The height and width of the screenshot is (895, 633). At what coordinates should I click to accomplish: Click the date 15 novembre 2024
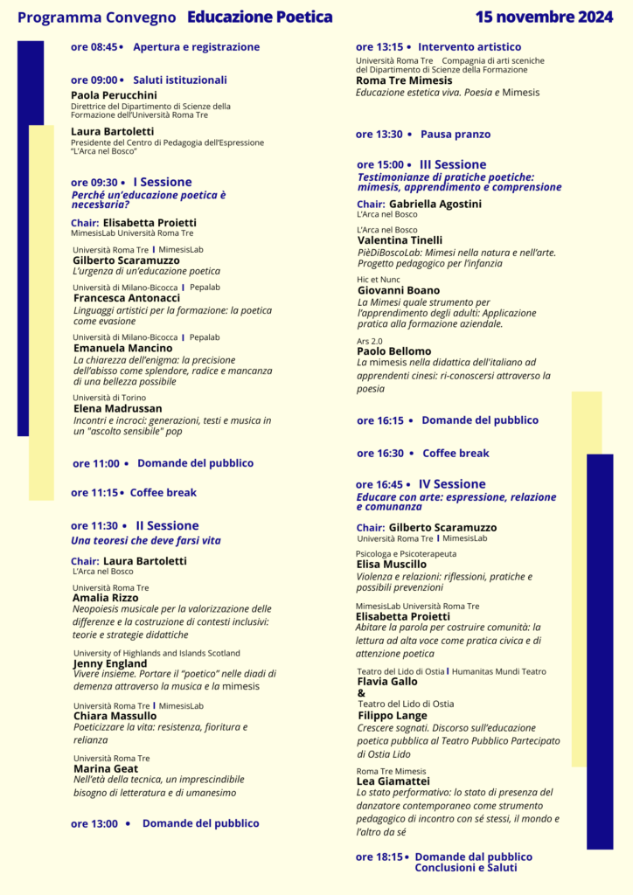pos(545,17)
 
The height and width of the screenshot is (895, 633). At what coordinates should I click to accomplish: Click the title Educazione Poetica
pos(260,17)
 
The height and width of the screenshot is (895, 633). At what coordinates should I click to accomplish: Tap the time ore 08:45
pos(94,47)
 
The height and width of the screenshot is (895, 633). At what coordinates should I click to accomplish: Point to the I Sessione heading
pos(162,182)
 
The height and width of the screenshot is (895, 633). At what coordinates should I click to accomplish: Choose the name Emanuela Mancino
pos(122,348)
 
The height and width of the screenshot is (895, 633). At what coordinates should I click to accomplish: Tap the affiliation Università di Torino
pos(110,398)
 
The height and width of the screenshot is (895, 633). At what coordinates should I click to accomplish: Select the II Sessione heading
pos(167,525)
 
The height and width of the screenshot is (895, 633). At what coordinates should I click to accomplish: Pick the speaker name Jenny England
pos(110,663)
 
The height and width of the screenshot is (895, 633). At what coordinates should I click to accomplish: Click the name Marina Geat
pos(107,768)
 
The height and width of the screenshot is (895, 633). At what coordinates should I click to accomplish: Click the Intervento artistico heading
pos(470,47)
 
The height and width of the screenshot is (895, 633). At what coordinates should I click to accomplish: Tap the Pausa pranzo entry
pos(456,135)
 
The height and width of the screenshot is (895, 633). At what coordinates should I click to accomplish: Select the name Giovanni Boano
pos(399,290)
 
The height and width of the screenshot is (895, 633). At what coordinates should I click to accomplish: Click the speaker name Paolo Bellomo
pos(394,351)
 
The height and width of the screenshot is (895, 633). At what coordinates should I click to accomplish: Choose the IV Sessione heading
pos(452,484)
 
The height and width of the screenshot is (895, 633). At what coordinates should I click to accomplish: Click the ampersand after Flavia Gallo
pos(362,693)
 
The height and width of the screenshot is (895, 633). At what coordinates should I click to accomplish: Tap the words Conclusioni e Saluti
pos(466,868)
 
